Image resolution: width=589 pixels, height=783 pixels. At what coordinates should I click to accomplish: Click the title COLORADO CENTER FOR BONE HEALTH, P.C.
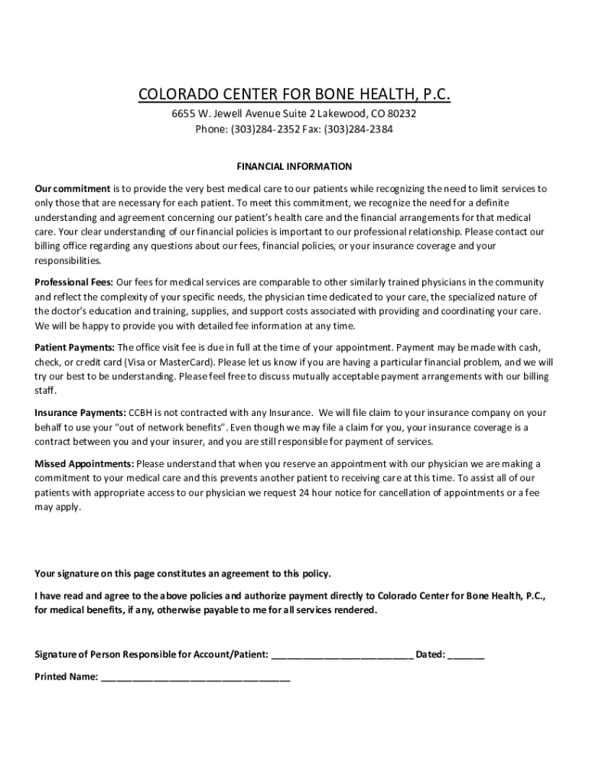[294, 95]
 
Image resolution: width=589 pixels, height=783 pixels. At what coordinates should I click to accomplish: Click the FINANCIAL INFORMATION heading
[294, 166]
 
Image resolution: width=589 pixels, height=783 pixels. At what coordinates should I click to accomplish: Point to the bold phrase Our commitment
[73, 188]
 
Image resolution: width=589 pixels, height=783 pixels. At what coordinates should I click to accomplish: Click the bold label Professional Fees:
[74, 283]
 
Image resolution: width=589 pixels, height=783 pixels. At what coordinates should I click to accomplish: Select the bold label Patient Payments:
[75, 347]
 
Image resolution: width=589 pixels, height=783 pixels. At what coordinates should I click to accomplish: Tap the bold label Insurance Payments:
[80, 413]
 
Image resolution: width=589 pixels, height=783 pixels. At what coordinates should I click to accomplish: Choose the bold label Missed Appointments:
[85, 463]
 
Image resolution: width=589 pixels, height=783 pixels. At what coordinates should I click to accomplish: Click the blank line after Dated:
[466, 655]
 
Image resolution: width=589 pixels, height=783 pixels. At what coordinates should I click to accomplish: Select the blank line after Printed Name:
[195, 677]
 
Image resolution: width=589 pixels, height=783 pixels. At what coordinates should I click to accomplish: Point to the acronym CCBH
[143, 413]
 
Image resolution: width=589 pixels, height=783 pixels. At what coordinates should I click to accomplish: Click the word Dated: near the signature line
[430, 655]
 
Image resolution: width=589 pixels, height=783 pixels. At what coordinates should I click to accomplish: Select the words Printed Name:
[67, 677]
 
